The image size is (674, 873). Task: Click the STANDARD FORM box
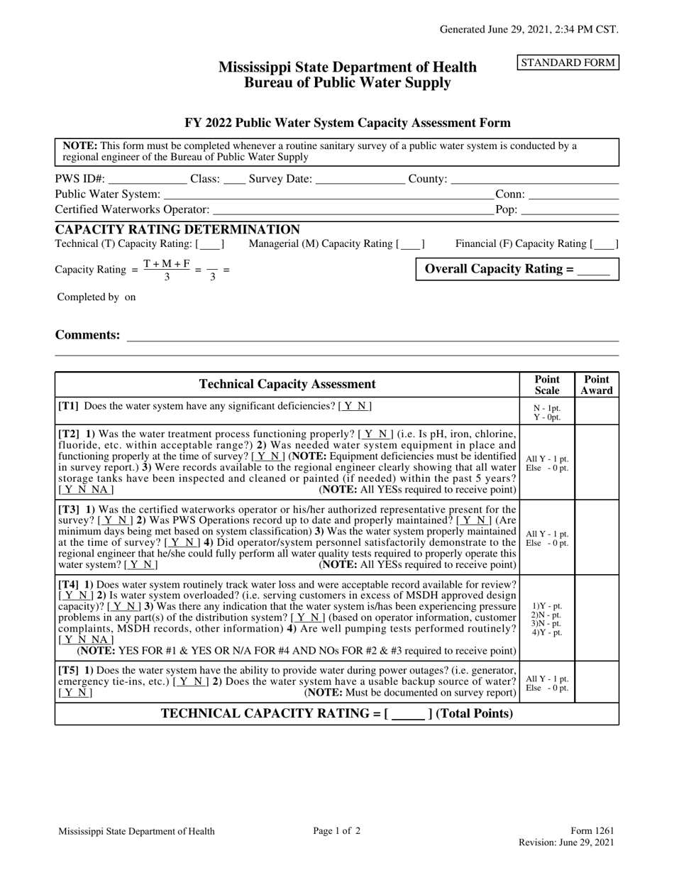point(568,62)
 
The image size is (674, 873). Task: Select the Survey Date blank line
point(360,180)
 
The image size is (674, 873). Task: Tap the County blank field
point(534,180)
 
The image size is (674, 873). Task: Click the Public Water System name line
point(328,194)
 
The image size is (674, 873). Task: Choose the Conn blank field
point(573,194)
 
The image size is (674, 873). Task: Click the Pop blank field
point(570,210)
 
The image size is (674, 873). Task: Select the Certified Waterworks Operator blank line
point(353,210)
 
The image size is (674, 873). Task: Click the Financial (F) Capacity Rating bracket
point(604,244)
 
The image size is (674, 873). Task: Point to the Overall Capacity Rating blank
point(594,270)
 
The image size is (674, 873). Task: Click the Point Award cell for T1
point(597,411)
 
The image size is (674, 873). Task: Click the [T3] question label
point(69,510)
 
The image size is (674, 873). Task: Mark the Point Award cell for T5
point(597,682)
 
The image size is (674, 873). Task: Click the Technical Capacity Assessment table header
point(287,385)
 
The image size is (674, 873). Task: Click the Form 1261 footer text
point(592,831)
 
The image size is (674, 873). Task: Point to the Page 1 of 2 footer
point(337,831)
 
